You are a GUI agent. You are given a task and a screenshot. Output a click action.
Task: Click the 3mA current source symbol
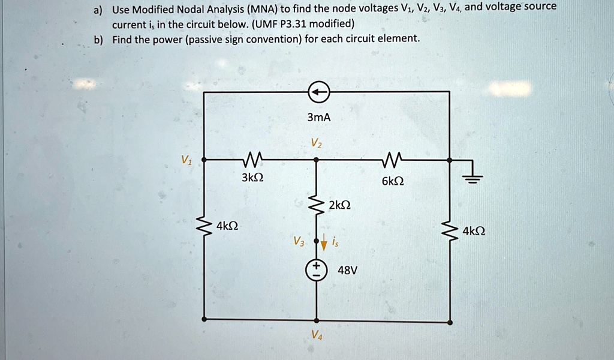(318, 92)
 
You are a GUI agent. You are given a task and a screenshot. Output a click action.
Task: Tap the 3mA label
(318, 118)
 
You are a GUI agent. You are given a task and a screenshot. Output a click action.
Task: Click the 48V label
(348, 271)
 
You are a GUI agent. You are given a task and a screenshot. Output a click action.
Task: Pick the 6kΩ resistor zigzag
(393, 160)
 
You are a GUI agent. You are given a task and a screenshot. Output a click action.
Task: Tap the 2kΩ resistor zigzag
(317, 206)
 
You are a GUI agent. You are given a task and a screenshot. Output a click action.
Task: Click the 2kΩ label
(340, 205)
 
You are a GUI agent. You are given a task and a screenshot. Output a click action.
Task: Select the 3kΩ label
(252, 178)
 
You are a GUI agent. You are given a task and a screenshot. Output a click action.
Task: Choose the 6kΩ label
(393, 181)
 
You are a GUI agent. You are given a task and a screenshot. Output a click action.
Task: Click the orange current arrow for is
(324, 243)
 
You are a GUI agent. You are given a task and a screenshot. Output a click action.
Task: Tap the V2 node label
(316, 143)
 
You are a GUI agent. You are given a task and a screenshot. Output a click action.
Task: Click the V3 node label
(299, 242)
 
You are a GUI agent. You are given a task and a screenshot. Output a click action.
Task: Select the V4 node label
(317, 336)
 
